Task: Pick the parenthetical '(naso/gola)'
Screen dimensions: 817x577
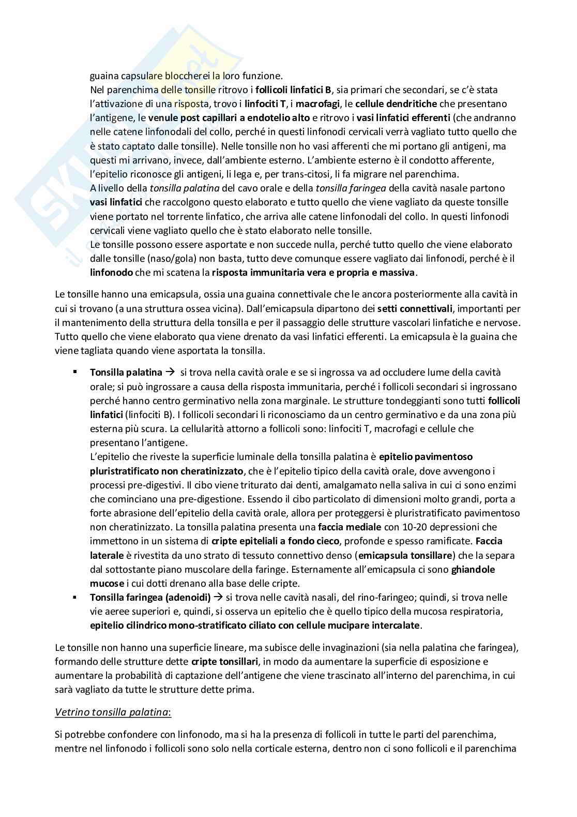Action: (x=148, y=258)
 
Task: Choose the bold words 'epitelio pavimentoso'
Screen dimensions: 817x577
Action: (x=426, y=456)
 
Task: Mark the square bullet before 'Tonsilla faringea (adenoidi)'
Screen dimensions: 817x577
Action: (x=74, y=598)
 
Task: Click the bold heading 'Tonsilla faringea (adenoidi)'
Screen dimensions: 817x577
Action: (x=150, y=598)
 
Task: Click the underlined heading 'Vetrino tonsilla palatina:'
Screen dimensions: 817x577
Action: (x=113, y=712)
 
